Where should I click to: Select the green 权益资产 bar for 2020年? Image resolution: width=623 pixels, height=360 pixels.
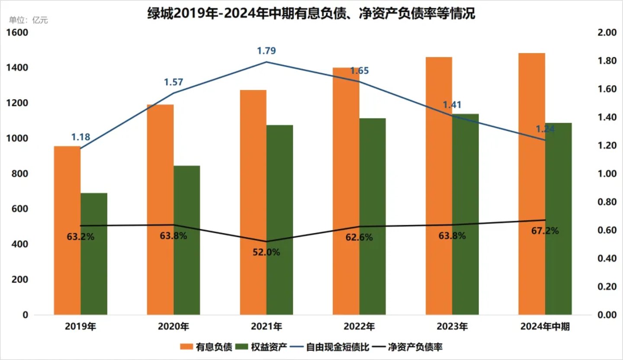[x=186, y=240]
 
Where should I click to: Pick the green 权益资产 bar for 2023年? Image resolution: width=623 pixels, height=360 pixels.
[x=466, y=214]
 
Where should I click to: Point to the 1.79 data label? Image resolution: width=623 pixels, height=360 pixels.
[x=267, y=51]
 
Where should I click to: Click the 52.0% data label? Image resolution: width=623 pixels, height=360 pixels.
[x=267, y=252]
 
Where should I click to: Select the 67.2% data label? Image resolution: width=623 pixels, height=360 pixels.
[x=545, y=231]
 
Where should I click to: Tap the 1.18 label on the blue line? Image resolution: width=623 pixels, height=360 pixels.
[x=81, y=137]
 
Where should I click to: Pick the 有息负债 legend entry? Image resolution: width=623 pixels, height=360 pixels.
[x=207, y=347]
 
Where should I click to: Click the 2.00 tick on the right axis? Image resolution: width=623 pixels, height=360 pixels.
[x=605, y=33]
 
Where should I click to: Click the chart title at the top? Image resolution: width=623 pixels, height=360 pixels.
[x=311, y=14]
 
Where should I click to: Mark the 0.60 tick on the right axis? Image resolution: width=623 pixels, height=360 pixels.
[x=605, y=230]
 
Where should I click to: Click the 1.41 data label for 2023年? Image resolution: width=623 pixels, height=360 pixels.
[x=452, y=105]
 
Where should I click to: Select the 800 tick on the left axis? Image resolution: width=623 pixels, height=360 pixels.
[x=20, y=174]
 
